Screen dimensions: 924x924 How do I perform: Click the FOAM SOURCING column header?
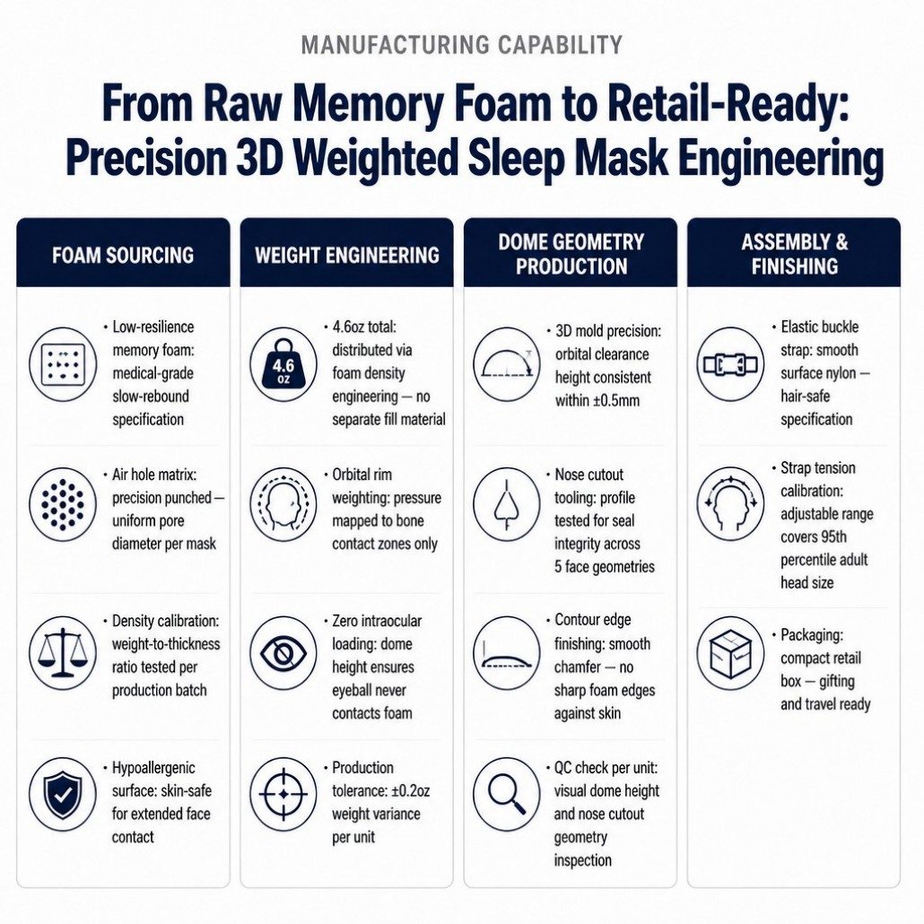click(123, 255)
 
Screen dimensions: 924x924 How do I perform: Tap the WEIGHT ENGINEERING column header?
click(347, 255)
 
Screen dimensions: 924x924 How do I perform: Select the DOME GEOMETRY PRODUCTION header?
click(571, 254)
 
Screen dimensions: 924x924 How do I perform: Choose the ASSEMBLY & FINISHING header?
click(794, 254)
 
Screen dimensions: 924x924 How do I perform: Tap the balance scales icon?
click(63, 652)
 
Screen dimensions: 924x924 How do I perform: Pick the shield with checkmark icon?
click(63, 794)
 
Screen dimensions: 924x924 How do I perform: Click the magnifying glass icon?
click(507, 794)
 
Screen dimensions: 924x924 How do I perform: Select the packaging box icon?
click(730, 653)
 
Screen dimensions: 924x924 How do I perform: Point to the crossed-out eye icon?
click(283, 652)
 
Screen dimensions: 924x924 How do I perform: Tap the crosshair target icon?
click(283, 794)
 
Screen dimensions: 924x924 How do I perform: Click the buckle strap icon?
click(730, 364)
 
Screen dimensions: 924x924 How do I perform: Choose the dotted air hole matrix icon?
click(63, 505)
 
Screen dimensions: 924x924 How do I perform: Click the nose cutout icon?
click(507, 505)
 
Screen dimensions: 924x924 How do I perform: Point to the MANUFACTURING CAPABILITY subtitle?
click(462, 45)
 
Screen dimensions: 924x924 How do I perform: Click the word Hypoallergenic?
click(153, 769)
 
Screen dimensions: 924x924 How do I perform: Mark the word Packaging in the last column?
click(812, 635)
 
